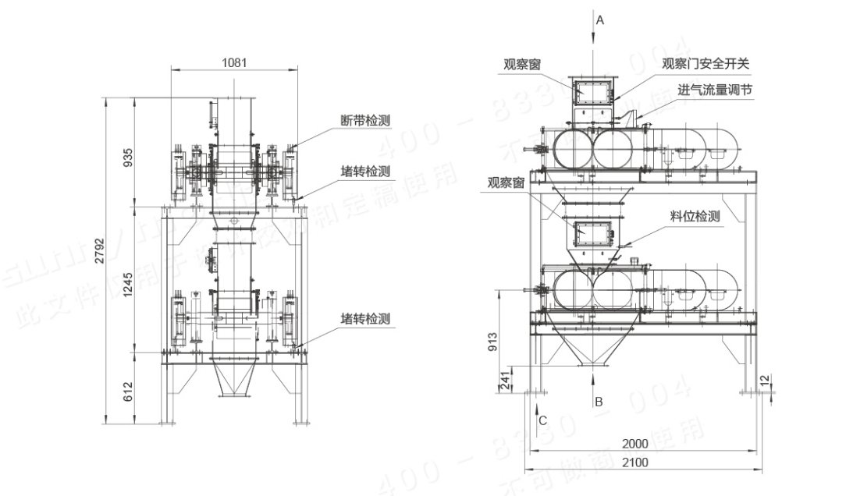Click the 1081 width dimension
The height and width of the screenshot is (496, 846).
click(234, 62)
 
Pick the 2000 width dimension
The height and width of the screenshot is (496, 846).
click(635, 444)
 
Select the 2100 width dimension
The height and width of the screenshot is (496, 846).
click(635, 462)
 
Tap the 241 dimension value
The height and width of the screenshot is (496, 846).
click(505, 381)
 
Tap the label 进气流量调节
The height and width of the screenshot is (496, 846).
click(715, 90)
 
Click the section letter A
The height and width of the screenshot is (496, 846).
click(599, 20)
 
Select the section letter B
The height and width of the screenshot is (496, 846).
click(599, 402)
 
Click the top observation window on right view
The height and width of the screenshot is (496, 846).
click(591, 91)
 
